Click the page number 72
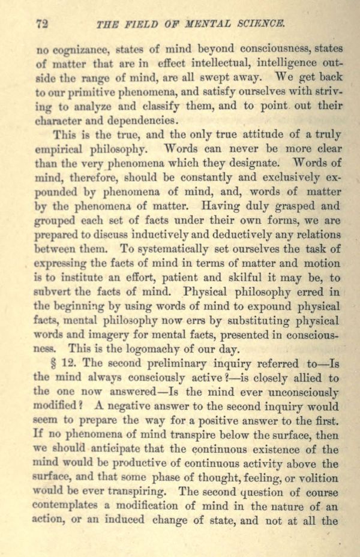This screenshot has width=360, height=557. [x=41, y=24]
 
